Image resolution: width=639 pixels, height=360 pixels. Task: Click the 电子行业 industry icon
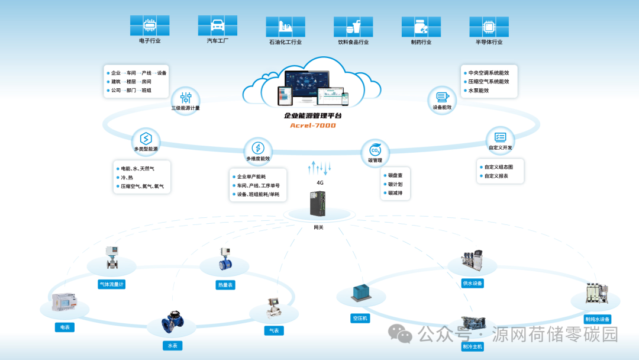click(x=150, y=25)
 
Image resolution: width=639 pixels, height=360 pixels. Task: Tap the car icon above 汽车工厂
click(x=218, y=25)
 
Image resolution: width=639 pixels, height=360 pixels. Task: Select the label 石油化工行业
click(x=285, y=42)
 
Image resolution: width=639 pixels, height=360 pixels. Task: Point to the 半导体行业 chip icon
click(x=489, y=26)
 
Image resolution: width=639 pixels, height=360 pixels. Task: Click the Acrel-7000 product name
click(x=312, y=126)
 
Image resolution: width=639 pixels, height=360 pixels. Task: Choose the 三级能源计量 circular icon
click(x=186, y=98)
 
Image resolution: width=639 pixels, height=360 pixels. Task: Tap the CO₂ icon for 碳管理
click(x=375, y=150)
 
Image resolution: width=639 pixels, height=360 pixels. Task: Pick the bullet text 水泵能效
click(x=480, y=91)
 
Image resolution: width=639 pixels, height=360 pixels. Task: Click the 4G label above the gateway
click(x=320, y=183)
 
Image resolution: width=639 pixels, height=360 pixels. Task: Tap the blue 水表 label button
click(x=172, y=345)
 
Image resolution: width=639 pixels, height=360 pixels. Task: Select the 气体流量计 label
click(x=111, y=284)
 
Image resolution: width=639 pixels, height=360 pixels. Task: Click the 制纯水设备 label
click(x=596, y=319)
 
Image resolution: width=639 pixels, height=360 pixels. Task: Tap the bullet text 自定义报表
click(x=496, y=176)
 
